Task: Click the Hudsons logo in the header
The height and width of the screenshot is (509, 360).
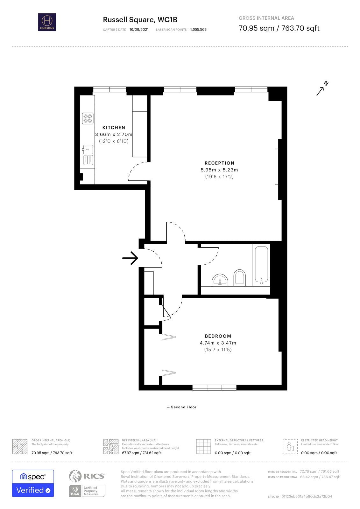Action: (47, 22)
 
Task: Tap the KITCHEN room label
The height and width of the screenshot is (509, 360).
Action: (114, 128)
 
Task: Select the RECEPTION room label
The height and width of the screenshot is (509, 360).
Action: (219, 163)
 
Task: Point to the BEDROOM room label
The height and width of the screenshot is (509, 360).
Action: (218, 336)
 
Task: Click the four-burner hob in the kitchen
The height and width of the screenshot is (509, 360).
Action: (88, 118)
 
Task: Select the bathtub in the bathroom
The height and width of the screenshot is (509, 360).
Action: (261, 265)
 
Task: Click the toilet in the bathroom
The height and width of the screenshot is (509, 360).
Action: (240, 277)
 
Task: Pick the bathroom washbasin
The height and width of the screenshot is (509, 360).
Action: (220, 280)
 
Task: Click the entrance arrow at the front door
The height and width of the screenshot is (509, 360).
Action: (130, 258)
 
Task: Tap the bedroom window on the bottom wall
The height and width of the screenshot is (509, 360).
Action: (214, 387)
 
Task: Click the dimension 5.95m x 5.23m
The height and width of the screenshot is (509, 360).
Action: (219, 170)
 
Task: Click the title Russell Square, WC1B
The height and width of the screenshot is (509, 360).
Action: (140, 20)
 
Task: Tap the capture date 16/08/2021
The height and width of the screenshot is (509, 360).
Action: (139, 30)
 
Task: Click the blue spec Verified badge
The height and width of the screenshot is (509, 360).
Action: (33, 483)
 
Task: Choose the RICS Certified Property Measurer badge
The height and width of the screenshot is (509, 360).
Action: (87, 491)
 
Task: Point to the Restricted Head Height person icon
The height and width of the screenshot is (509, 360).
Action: (290, 446)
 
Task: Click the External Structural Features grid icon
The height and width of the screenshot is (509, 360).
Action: (204, 446)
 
